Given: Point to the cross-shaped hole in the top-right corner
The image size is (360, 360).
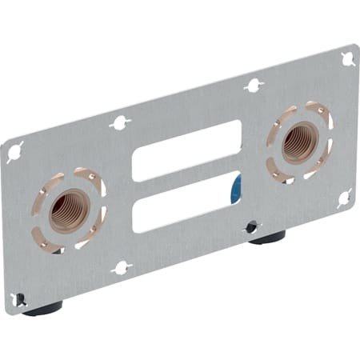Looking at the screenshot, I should click(348, 58).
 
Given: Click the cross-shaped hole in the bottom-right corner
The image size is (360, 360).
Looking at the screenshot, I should click(345, 196).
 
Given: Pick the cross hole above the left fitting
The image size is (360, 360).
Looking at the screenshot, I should click(119, 122).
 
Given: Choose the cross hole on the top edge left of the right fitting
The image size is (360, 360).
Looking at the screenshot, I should click(254, 85).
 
